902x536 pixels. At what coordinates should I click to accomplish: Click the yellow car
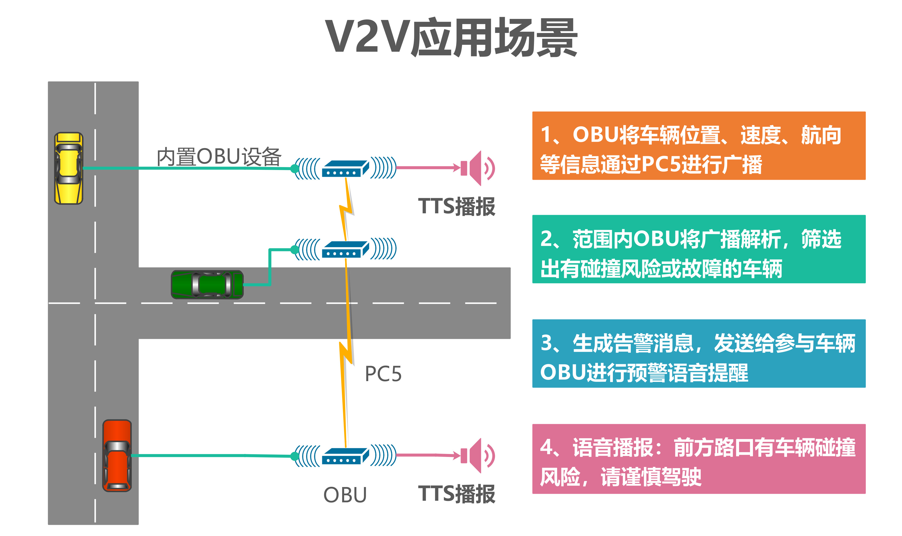pos(69,168)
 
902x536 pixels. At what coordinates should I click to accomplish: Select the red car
pos(117,455)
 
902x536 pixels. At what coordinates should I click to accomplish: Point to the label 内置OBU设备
pos(219,157)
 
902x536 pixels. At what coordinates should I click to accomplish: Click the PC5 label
pos(383,374)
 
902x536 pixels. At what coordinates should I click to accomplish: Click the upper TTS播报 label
pos(457,207)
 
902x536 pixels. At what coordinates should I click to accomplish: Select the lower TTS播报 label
pos(457,494)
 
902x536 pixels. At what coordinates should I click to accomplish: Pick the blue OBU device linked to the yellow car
pos(345,168)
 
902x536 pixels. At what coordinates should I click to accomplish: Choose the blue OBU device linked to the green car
pos(345,249)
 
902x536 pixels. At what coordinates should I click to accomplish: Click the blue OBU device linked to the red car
pos(345,456)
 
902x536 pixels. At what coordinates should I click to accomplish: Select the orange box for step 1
pos(698,145)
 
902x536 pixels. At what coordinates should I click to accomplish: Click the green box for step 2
pos(698,249)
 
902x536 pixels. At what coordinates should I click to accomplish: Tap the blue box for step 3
pos(698,353)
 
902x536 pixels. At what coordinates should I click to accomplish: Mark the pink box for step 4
pos(698,459)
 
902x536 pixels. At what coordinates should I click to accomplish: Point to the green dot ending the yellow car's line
pos(294,168)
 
